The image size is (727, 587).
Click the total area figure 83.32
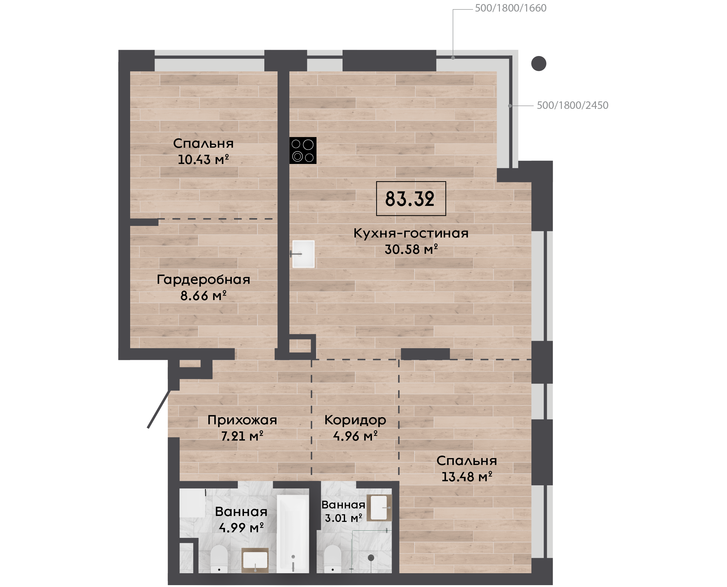(409, 199)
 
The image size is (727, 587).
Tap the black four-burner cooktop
(303, 151)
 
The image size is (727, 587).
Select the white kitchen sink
(303, 254)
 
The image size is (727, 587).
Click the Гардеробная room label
(203, 280)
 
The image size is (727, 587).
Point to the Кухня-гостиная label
(411, 233)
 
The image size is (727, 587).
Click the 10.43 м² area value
(203, 159)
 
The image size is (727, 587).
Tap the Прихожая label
(242, 420)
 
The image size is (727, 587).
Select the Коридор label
(355, 420)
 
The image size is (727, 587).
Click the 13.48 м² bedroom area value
(467, 477)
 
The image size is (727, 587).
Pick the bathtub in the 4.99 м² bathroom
(293, 534)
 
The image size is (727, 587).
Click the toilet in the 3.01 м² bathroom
(333, 559)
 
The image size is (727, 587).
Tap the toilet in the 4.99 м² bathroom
(219, 559)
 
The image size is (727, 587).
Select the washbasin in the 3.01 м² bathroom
(379, 508)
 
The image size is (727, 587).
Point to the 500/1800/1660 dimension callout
(511, 8)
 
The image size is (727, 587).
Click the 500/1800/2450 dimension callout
(572, 105)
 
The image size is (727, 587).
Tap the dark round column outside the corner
(539, 64)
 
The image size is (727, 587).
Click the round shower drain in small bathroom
(371, 558)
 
